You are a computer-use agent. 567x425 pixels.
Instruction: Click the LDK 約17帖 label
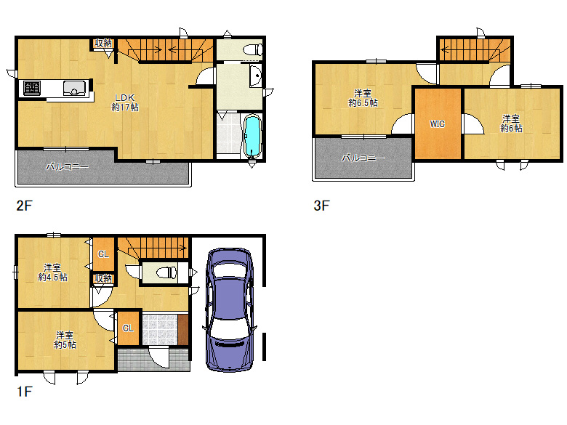125,102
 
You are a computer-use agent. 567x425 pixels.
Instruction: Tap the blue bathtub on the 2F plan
252,136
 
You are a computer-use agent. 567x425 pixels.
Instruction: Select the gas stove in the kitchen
32,88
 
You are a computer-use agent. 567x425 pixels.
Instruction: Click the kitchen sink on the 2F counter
74,88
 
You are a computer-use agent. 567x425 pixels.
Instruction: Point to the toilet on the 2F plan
253,49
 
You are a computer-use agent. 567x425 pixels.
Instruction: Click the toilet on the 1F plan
166,272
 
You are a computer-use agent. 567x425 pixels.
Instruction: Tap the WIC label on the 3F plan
437,124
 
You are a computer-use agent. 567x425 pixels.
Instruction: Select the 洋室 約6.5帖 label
363,98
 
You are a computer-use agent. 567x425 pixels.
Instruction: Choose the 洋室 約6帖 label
511,124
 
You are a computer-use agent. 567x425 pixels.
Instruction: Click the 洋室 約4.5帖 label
53,272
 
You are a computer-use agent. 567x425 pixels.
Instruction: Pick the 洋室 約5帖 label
65,340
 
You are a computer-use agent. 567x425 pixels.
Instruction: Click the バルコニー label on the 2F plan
68,166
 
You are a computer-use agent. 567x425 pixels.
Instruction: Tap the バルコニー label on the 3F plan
363,158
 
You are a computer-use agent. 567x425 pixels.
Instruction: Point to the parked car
230,309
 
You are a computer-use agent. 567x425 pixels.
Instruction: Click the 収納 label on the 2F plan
103,43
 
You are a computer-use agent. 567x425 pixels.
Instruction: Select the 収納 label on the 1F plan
103,278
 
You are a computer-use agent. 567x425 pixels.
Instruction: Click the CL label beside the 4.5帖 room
103,254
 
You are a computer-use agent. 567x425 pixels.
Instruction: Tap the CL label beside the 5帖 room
128,328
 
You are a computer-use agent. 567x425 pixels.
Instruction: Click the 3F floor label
321,206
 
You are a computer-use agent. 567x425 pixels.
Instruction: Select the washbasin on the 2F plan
256,76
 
